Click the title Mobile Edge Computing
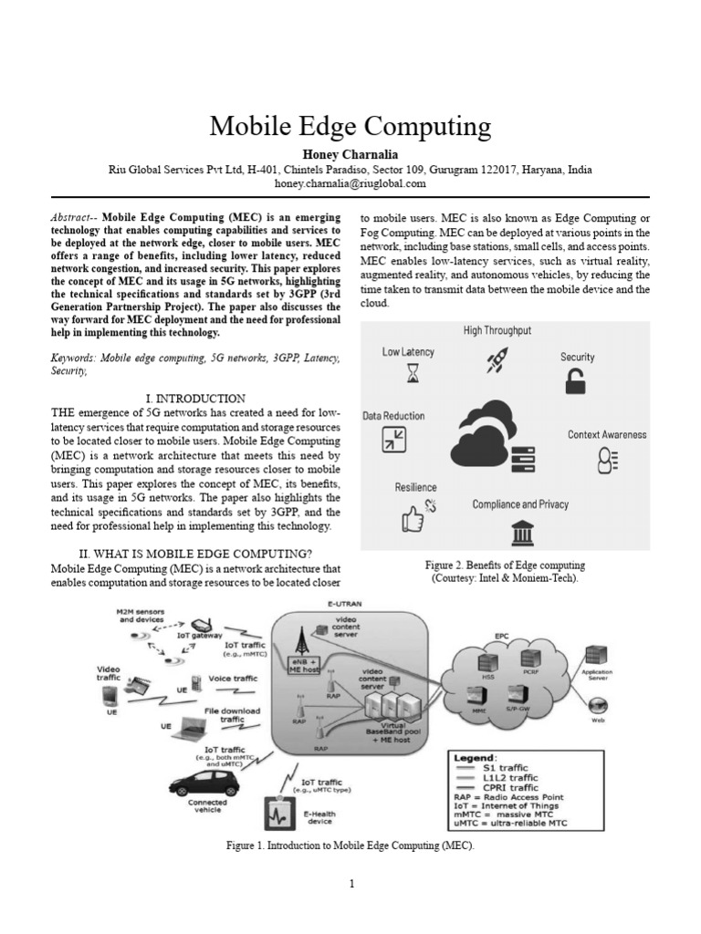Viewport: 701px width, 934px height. (350, 126)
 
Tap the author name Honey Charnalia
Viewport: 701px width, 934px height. (350, 154)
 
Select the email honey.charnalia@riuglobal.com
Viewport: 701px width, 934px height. (350, 183)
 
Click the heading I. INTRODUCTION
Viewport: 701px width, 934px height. (195, 399)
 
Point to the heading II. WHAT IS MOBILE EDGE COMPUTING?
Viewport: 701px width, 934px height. (195, 554)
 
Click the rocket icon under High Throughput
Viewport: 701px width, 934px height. (497, 362)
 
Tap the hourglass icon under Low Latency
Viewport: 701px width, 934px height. (413, 373)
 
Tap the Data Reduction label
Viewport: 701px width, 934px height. (393, 416)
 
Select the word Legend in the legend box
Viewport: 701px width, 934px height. (473, 757)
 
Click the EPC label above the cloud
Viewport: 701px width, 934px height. (502, 634)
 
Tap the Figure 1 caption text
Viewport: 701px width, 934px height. (350, 846)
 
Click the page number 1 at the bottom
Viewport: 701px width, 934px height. (350, 883)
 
